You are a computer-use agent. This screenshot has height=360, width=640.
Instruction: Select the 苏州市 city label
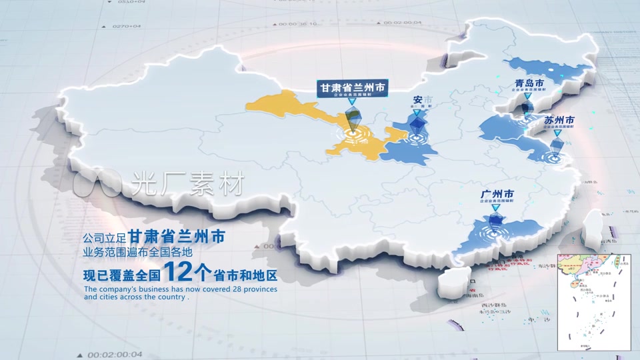(x=559, y=121)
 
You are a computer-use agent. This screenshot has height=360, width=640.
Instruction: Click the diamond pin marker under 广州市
(x=495, y=220)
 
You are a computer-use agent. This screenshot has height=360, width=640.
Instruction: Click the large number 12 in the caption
(x=178, y=272)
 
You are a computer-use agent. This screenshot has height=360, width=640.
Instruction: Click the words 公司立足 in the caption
(x=104, y=238)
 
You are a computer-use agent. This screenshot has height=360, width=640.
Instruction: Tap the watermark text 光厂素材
(x=189, y=182)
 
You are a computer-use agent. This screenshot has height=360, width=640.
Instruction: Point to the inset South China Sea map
(x=593, y=301)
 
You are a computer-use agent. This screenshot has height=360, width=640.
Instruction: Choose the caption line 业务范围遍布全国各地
(x=137, y=253)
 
